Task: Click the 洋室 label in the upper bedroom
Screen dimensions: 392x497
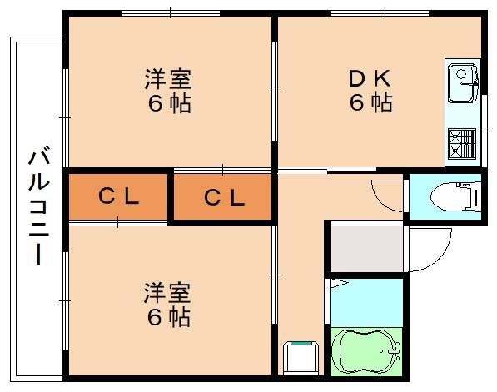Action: click(x=168, y=80)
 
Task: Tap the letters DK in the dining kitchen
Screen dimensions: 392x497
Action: click(x=370, y=79)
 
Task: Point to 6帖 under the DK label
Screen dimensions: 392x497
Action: click(x=370, y=103)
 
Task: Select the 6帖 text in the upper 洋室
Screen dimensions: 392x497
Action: click(x=168, y=104)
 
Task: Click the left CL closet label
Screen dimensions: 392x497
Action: click(x=118, y=197)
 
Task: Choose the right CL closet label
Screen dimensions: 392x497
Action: click(x=224, y=198)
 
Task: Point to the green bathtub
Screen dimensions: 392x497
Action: click(x=366, y=353)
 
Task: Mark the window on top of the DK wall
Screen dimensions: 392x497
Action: click(x=380, y=12)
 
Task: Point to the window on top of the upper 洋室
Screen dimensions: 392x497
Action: click(x=170, y=12)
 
